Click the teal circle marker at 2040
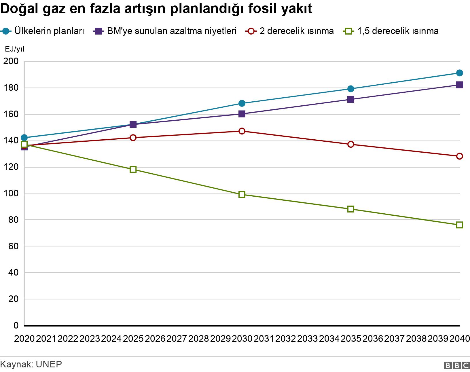[x=459, y=73]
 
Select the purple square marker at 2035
[x=350, y=99]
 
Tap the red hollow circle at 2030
[x=242, y=131]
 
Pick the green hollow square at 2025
[x=133, y=169]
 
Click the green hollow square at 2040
[x=459, y=225]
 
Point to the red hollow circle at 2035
[x=350, y=144]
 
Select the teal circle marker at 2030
[x=242, y=103]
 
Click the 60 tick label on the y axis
[x=13, y=246]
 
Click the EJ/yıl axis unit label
[x=15, y=49]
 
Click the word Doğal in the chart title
[x=20, y=9]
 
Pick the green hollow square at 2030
[x=242, y=194]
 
